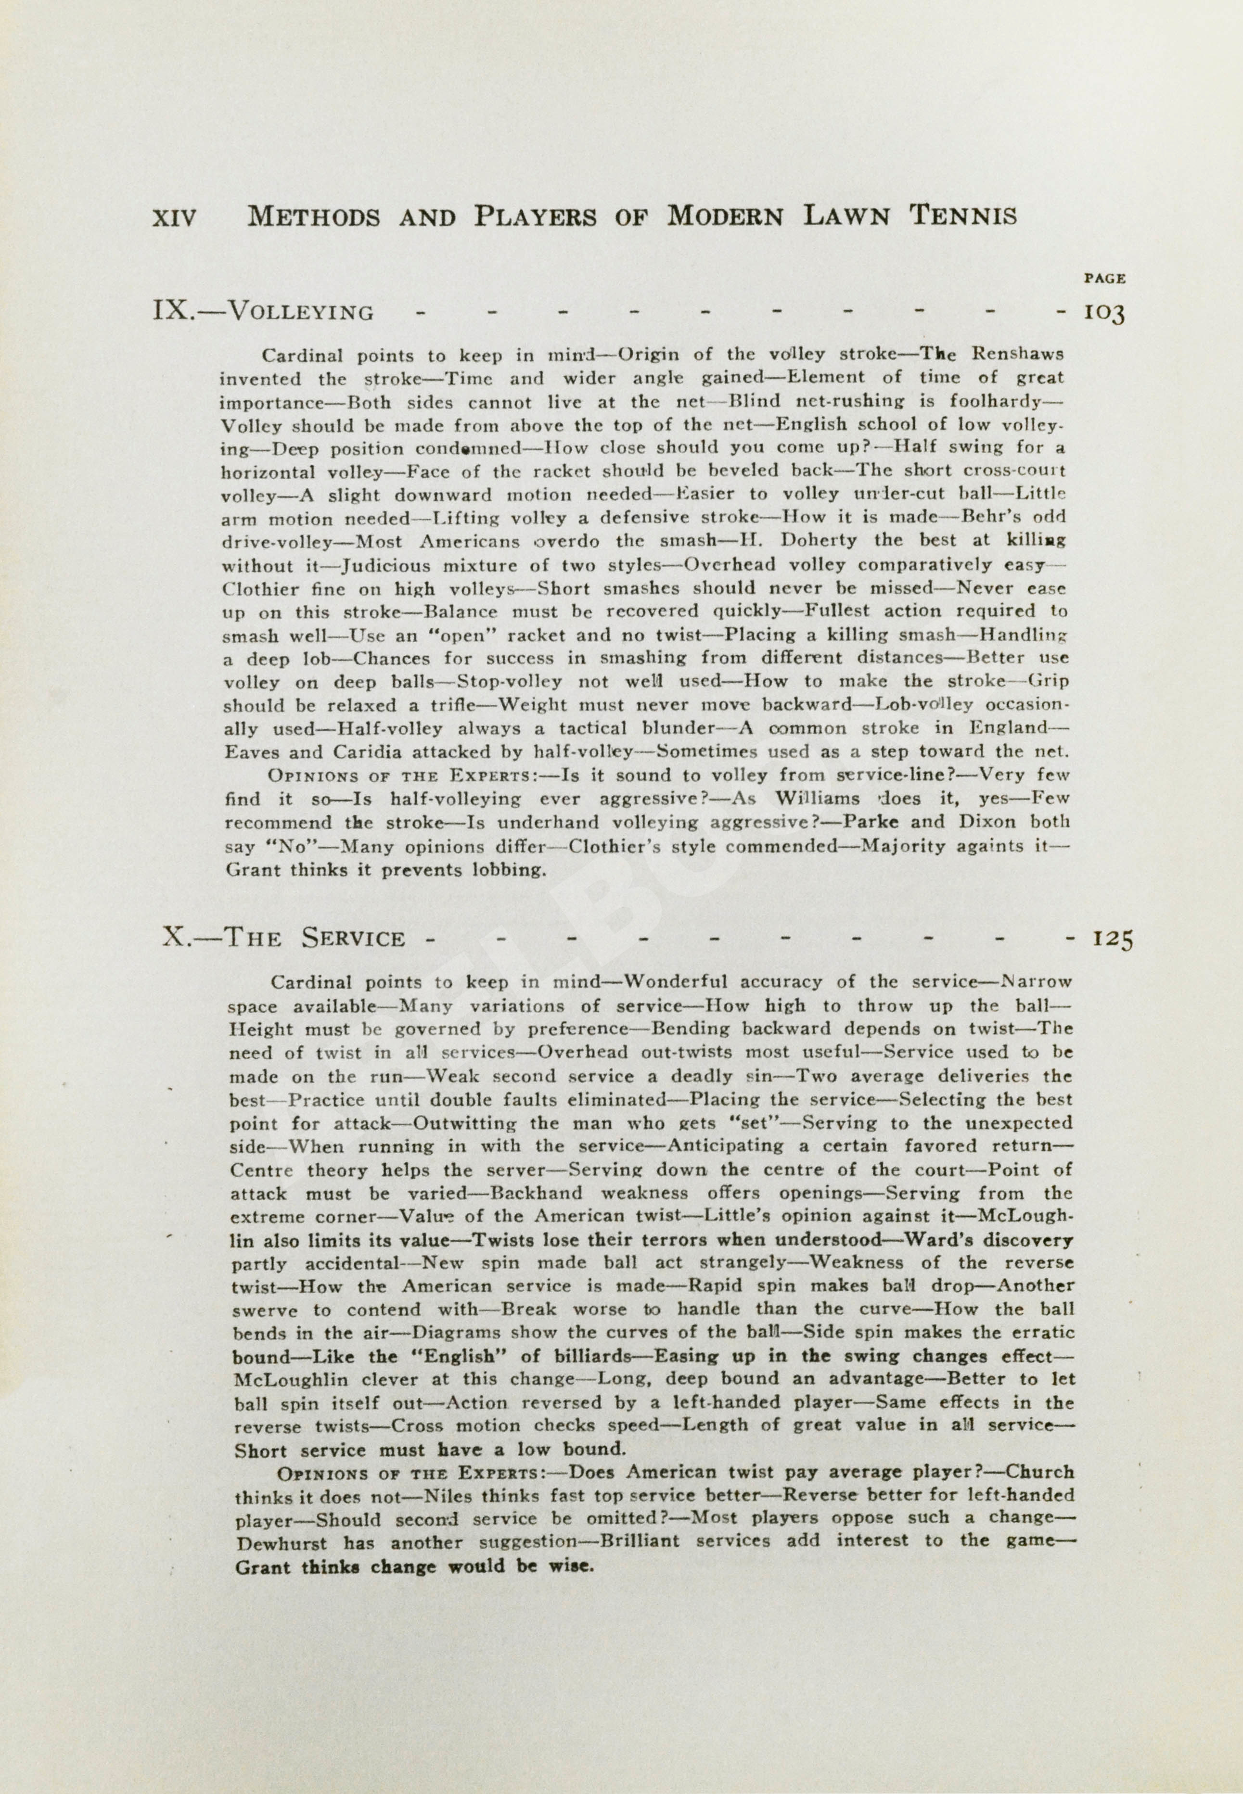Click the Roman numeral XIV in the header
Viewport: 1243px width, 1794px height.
174,217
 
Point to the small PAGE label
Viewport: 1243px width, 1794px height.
1104,278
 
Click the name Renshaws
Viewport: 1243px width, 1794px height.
1017,354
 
